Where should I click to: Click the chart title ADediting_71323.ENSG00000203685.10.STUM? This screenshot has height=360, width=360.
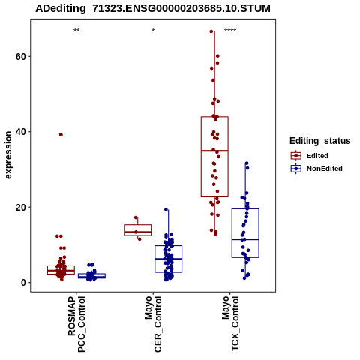[153, 8]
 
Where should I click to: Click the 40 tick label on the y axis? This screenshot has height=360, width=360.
[21, 132]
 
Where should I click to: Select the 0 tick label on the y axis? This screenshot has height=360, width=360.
[23, 283]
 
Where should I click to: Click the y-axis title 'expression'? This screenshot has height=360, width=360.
[8, 155]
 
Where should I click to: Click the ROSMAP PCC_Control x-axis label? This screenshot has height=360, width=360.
[76, 324]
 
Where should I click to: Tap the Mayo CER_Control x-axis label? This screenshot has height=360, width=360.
[153, 324]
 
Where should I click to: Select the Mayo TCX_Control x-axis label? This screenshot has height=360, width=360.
[230, 324]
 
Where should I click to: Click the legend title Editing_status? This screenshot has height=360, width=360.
[320, 141]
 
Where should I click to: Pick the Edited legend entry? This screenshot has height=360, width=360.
[310, 156]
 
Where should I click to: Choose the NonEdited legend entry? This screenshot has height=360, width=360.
[316, 169]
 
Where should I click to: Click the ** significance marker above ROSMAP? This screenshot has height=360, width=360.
[76, 31]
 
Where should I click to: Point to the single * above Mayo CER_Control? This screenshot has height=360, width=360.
[153, 31]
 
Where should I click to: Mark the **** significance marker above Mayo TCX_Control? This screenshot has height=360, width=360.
[230, 31]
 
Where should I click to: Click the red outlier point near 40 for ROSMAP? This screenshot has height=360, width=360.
[61, 135]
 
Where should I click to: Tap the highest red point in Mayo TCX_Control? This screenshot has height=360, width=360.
[211, 31]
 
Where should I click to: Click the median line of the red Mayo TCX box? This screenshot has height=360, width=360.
[214, 151]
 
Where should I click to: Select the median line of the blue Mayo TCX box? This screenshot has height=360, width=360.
[245, 239]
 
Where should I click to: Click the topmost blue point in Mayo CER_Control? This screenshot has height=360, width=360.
[166, 210]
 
